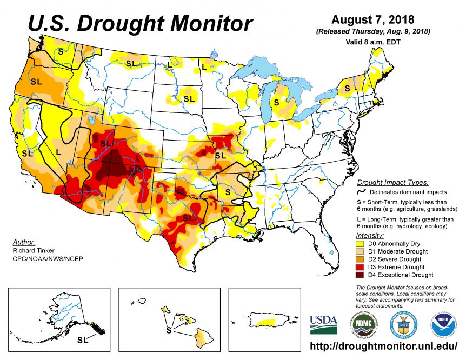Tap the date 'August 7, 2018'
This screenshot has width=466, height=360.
[372, 20]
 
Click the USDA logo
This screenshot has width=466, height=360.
[323, 324]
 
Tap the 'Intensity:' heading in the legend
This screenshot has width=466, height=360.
[370, 236]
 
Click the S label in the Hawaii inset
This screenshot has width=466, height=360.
[168, 329]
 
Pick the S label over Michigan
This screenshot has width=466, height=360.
[276, 101]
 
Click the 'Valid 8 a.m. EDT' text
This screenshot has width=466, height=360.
[373, 42]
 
